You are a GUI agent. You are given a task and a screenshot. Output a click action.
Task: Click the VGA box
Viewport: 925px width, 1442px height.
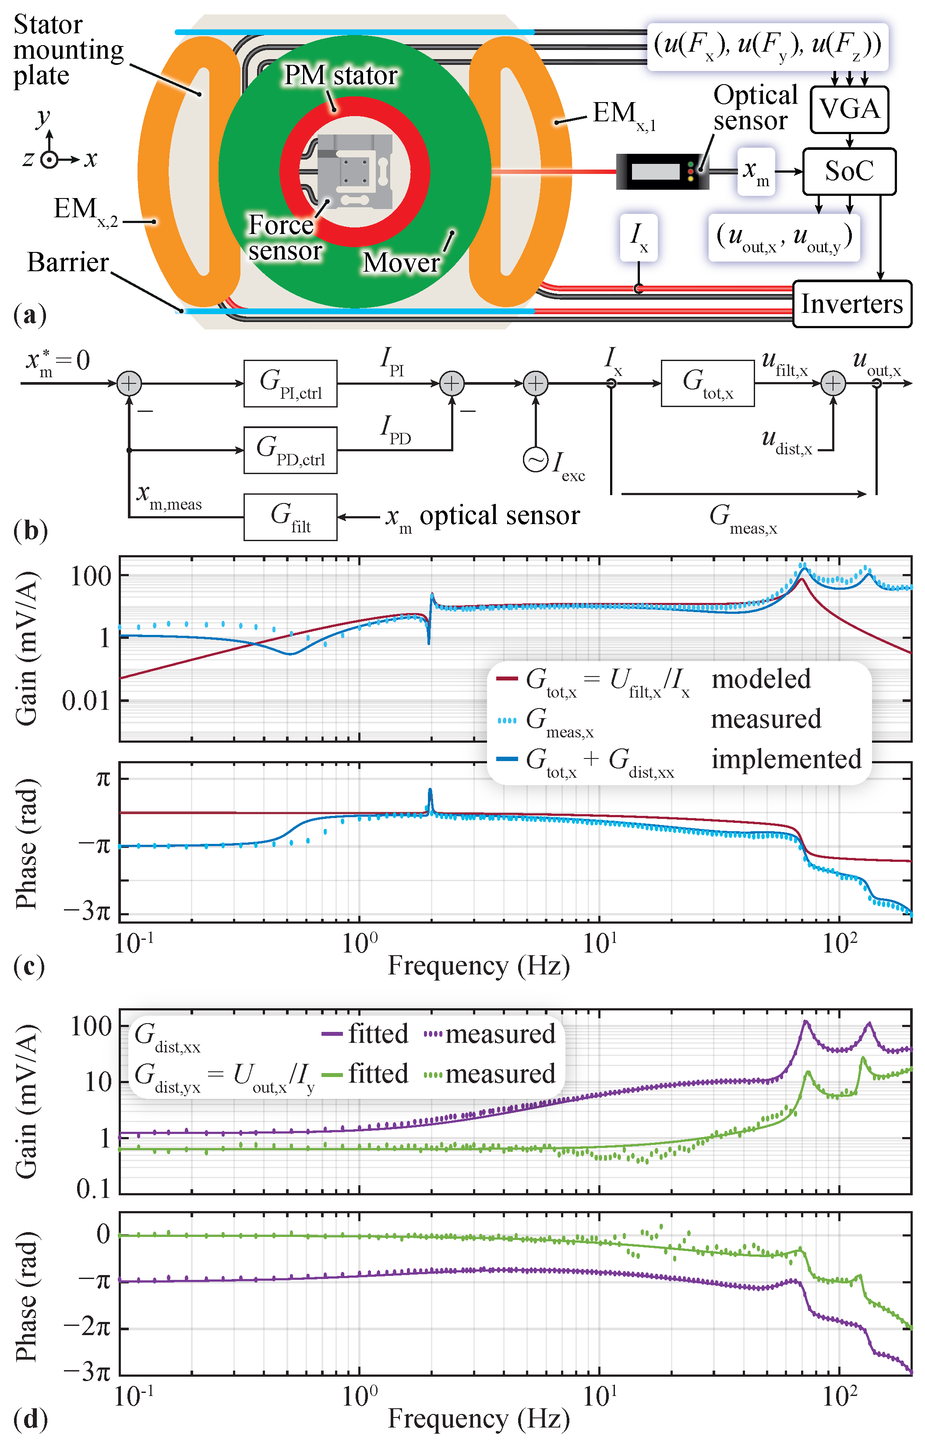click(x=849, y=110)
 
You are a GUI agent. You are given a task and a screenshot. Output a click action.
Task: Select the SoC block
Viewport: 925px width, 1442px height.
click(x=849, y=171)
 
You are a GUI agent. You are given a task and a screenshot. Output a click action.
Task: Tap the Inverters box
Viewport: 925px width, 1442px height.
click(x=852, y=304)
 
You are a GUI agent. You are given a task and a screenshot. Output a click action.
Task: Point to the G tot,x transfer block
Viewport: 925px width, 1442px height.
click(x=708, y=383)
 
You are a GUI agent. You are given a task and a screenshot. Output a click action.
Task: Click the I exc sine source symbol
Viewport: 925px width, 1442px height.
click(x=535, y=460)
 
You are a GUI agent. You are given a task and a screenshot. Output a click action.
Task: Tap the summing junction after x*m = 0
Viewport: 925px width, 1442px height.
click(x=129, y=383)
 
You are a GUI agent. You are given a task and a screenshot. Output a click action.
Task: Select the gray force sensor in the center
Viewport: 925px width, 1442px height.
click(x=354, y=171)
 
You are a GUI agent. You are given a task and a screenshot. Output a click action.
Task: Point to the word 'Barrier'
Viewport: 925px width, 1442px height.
click(x=68, y=262)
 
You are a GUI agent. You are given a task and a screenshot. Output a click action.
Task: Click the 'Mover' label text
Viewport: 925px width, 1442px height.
click(x=401, y=262)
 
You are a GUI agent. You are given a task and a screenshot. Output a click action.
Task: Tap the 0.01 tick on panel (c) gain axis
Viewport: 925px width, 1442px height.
click(x=86, y=701)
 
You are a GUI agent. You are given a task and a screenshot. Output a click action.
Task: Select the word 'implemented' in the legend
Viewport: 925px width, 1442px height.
click(x=786, y=759)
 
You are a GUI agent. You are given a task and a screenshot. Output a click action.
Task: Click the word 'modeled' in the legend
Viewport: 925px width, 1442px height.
click(x=761, y=679)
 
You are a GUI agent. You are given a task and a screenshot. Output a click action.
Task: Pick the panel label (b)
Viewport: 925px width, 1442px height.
click(x=30, y=531)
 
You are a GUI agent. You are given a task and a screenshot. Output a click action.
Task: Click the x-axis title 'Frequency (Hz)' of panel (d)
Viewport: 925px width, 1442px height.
click(x=479, y=1418)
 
